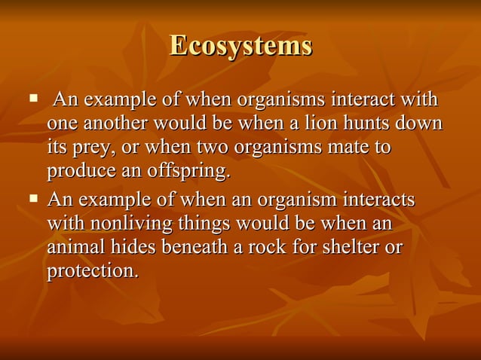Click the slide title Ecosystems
point(240,45)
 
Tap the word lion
point(336,124)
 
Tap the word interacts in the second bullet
point(376,200)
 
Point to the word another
point(112,124)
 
